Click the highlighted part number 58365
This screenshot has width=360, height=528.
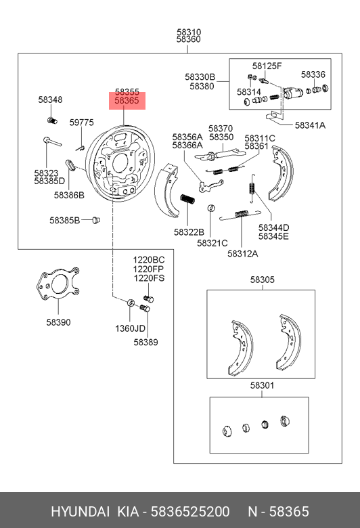pos(127,100)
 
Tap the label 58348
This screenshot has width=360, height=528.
pos(50,100)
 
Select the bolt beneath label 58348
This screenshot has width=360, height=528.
pos(52,120)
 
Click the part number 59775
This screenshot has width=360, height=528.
pos(81,123)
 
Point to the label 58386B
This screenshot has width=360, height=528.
pos(70,195)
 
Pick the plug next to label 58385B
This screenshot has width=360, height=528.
pos(96,220)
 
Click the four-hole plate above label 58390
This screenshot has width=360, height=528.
pos(58,284)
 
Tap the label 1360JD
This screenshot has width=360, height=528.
pos(131,329)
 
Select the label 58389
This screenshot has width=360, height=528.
pos(145,342)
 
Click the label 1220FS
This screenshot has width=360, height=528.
pos(149,278)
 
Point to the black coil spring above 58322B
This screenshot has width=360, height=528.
pos(187,200)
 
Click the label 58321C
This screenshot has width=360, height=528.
pos(212,243)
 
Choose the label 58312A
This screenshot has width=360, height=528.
pos(243,254)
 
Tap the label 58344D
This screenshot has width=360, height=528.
pos(274,227)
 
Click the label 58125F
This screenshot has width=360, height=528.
pos(267,66)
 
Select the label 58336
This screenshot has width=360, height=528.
pos(313,74)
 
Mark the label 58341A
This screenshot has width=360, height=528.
pos(310,125)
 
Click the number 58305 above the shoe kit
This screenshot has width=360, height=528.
pos(263,280)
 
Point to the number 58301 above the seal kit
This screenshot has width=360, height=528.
pos(263,385)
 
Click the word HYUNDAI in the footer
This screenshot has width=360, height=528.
pos(80,512)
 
